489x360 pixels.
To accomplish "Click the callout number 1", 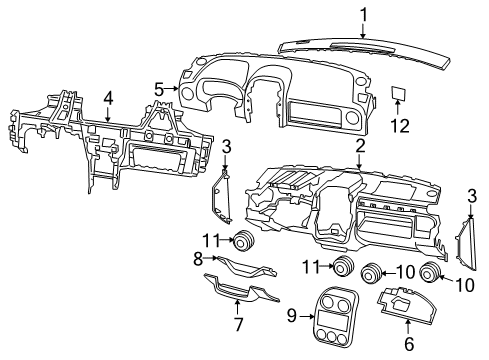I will tap(364, 14).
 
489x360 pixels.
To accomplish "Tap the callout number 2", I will tap(357, 145).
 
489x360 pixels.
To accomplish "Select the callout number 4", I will tap(107, 97).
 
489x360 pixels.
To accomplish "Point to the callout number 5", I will tap(157, 88).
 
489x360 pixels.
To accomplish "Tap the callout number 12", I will tap(401, 127).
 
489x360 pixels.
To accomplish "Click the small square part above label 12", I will tap(401, 94).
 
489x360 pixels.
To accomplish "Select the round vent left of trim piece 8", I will tap(242, 240).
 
